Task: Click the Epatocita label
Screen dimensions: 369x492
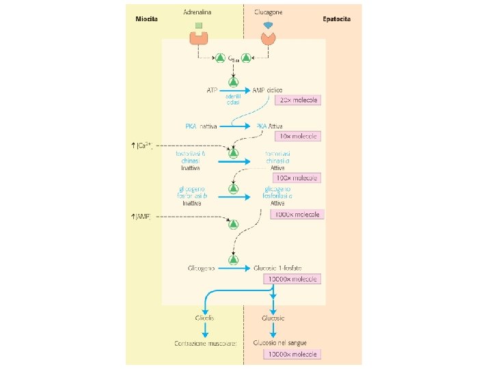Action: pos(337,18)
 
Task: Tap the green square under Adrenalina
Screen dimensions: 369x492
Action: pos(199,26)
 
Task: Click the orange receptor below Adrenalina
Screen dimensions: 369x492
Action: pos(199,38)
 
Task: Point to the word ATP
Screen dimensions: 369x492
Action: pos(212,90)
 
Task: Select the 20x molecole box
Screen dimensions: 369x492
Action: pos(298,100)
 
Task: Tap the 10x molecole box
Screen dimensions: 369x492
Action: pos(298,137)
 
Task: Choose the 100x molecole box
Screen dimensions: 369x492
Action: pos(298,178)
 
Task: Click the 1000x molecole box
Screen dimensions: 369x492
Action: pos(298,214)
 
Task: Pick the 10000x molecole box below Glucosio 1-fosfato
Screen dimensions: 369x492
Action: pos(293,279)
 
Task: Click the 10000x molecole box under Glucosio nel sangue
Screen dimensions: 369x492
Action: pos(293,354)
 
